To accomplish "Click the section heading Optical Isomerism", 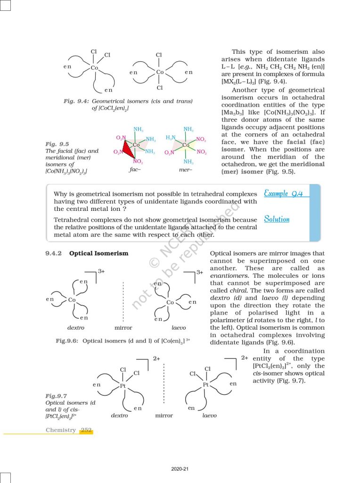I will click(x=98, y=253).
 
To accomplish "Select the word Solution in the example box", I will click(x=277, y=219).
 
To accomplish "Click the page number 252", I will click(x=86, y=430).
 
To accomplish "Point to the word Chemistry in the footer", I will click(x=60, y=430).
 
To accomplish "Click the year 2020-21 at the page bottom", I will click(x=180, y=469).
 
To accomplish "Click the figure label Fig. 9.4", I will click(x=76, y=101).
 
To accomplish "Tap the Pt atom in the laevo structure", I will click(x=206, y=385).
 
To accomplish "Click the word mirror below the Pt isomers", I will click(x=164, y=416).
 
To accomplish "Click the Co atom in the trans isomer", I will click(x=160, y=72).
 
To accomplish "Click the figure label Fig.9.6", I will click(x=67, y=341).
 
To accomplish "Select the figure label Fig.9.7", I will click(x=56, y=396).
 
